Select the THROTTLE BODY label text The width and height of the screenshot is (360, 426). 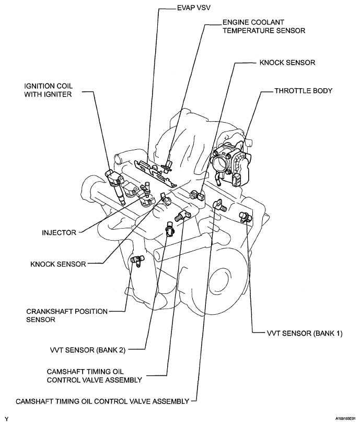pos(303,90)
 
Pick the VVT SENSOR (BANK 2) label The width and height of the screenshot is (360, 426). pos(85,348)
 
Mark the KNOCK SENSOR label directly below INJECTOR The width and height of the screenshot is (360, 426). pos(58,264)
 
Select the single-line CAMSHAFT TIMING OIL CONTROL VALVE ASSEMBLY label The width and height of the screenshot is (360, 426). pos(102,401)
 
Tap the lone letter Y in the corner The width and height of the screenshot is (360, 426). pos(6,419)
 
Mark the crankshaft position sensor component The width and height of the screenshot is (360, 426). pos(137,260)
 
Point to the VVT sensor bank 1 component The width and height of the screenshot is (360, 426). pos(244,217)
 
